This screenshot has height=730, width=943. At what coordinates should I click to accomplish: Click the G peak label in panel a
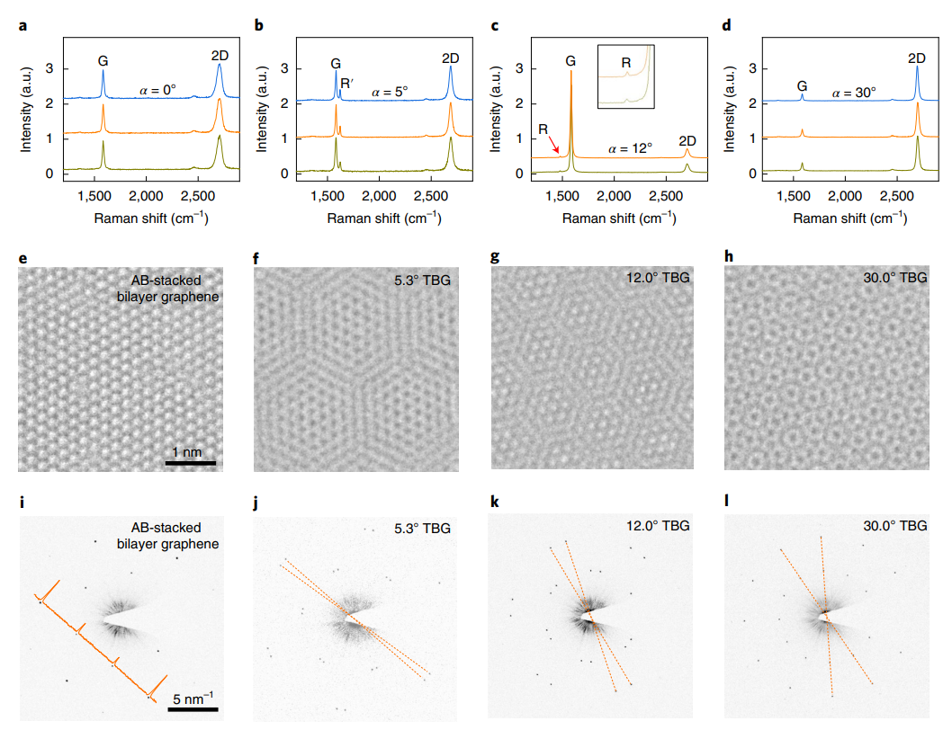pos(103,60)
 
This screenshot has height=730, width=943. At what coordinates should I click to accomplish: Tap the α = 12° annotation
pos(630,148)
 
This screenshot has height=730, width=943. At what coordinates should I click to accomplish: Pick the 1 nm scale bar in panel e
pos(190,463)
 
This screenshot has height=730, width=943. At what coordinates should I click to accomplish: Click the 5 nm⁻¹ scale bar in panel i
pos(194,709)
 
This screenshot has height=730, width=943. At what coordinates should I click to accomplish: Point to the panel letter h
pos(730,255)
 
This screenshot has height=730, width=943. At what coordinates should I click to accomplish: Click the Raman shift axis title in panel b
pos(379,218)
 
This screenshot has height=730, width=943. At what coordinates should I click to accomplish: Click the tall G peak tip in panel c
pos(570,72)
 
